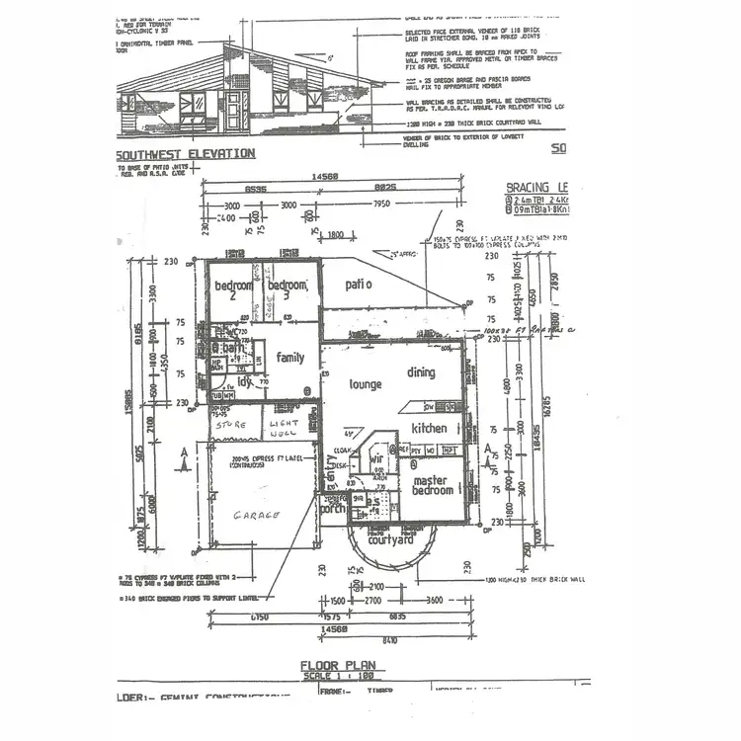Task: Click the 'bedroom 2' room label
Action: [x=233, y=291]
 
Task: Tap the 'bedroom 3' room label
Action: [x=287, y=291]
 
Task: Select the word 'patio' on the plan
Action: [x=358, y=285]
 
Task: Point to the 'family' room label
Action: [x=290, y=358]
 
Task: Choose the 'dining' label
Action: [x=421, y=372]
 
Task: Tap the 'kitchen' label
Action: [x=430, y=429]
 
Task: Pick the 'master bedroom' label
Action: [x=436, y=485]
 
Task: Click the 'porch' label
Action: [x=332, y=510]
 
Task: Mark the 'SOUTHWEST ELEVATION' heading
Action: [x=186, y=154]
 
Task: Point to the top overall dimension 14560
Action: [x=326, y=178]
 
